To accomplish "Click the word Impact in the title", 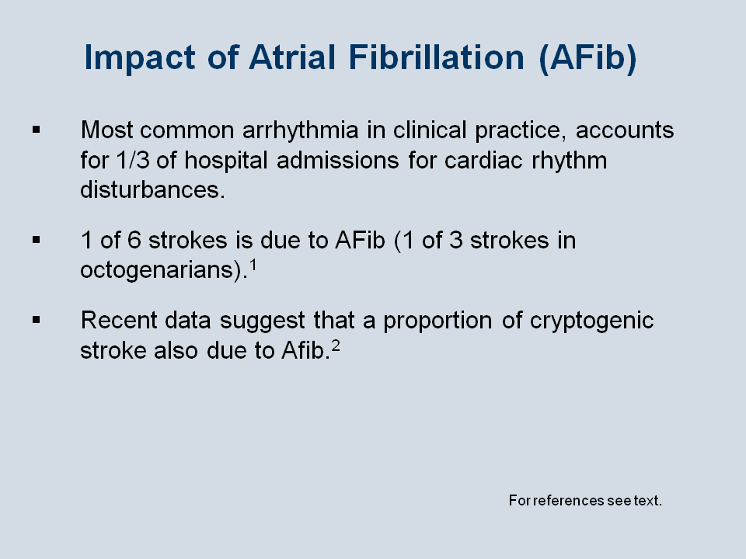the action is [139, 58].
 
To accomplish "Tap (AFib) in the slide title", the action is [587, 58].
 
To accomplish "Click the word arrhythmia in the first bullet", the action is [300, 131].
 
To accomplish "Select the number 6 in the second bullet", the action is [134, 240].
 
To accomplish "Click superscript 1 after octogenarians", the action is [253, 265].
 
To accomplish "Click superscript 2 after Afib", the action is [336, 345].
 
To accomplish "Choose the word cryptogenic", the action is [592, 321].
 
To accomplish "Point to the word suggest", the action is [262, 321].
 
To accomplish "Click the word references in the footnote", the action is [569, 501].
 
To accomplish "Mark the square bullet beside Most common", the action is [37, 130].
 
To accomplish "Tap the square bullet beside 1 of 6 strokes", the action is [37, 240].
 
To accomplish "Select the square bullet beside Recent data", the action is [37, 320].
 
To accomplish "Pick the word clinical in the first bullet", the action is [430, 130].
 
